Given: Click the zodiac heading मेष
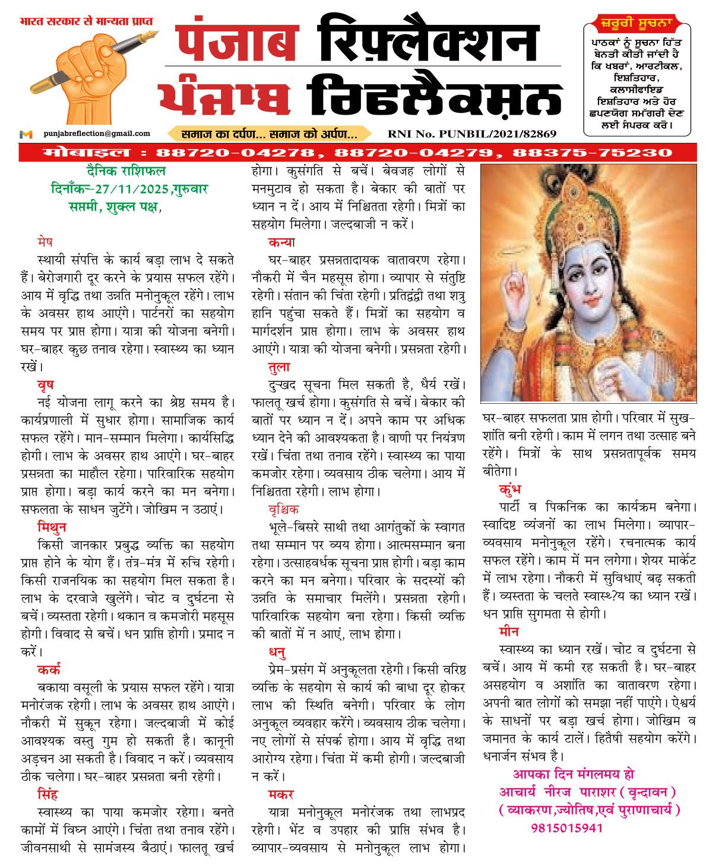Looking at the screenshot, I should pyautogui.click(x=44, y=242).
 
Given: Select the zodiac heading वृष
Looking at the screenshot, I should pyautogui.click(x=45, y=385).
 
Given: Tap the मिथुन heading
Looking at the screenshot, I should pyautogui.click(x=51, y=527).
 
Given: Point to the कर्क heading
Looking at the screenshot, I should pyautogui.click(x=49, y=670).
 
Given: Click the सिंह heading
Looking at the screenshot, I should pyautogui.click(x=48, y=795).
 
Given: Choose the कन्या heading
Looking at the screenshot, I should pyautogui.click(x=281, y=242).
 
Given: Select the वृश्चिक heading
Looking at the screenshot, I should pyautogui.click(x=283, y=510).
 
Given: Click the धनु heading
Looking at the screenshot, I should pyautogui.click(x=277, y=653).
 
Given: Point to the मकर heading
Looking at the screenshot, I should pyautogui.click(x=280, y=795).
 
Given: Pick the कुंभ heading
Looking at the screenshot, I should pyautogui.click(x=510, y=490).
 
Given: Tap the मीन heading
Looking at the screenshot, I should pyautogui.click(x=509, y=631).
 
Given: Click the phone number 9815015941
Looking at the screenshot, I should pyautogui.click(x=566, y=828).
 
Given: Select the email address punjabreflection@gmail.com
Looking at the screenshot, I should pyautogui.click(x=96, y=134).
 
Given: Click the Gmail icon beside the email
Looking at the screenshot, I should pyautogui.click(x=26, y=134).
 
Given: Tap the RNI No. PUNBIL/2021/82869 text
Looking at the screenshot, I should pyautogui.click(x=471, y=134).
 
